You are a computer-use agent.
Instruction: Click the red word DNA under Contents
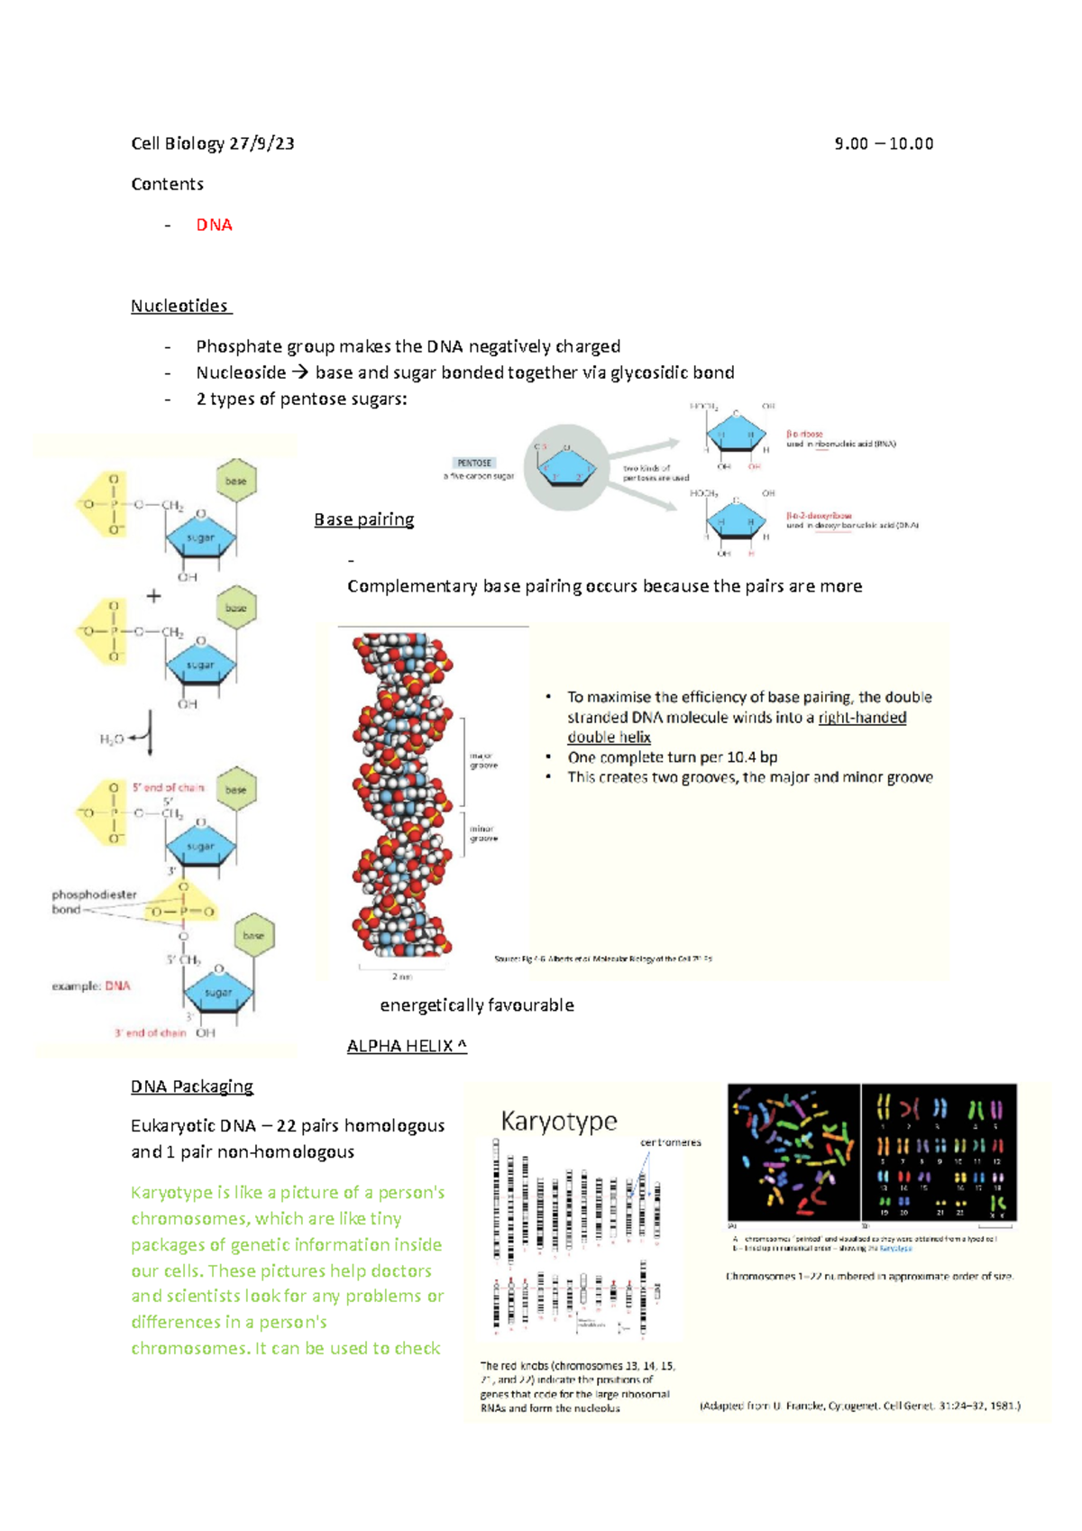pyautogui.click(x=214, y=225)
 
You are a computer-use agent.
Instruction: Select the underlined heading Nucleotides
pyautogui.click(x=180, y=306)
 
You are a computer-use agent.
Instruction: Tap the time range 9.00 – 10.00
pyautogui.click(x=884, y=143)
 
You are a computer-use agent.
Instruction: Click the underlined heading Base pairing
pyautogui.click(x=363, y=519)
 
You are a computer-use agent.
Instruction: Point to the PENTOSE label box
pyautogui.click(x=474, y=463)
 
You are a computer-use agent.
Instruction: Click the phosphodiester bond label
pyautogui.click(x=93, y=902)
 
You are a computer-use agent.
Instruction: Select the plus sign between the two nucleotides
pyautogui.click(x=153, y=596)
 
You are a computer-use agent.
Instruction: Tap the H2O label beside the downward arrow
pyautogui.click(x=111, y=739)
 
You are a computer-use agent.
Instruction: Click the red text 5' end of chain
pyautogui.click(x=168, y=787)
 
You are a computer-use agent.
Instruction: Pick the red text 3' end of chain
pyautogui.click(x=150, y=1033)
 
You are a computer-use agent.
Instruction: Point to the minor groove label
pyautogui.click(x=482, y=833)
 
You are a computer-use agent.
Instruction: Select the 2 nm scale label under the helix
pyautogui.click(x=401, y=976)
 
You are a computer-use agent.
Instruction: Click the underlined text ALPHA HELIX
pyautogui.click(x=406, y=1046)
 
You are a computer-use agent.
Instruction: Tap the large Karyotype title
pyautogui.click(x=559, y=1121)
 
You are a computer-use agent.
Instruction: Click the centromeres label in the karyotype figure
pyautogui.click(x=670, y=1142)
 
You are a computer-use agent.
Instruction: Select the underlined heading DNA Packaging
pyautogui.click(x=191, y=1086)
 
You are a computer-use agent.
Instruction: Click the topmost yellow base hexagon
pyautogui.click(x=236, y=481)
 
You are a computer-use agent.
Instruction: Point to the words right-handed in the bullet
pyautogui.click(x=862, y=718)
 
